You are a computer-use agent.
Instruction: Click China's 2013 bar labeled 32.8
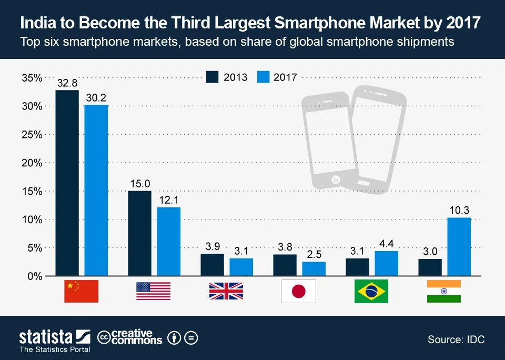point(67,183)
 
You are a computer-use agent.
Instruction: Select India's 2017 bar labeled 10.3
point(459,246)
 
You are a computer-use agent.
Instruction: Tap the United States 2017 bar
point(168,242)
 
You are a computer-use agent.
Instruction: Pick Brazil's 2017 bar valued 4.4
point(386,263)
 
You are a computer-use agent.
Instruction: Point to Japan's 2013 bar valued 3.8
point(285,265)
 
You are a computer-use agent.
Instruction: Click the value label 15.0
point(140,184)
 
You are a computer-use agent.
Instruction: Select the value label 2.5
point(314,255)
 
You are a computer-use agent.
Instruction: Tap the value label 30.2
point(96,98)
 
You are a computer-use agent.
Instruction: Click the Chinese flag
point(81,291)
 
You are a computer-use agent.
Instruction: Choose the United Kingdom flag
point(226,291)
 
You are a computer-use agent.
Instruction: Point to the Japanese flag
point(298,291)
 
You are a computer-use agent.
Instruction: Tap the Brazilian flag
point(371,291)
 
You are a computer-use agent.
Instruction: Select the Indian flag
point(443,291)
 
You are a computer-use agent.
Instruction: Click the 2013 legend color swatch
point(213,77)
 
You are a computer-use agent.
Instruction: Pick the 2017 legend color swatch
point(263,77)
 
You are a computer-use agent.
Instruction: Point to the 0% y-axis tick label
point(34,276)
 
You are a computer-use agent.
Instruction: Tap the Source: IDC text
point(456,339)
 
